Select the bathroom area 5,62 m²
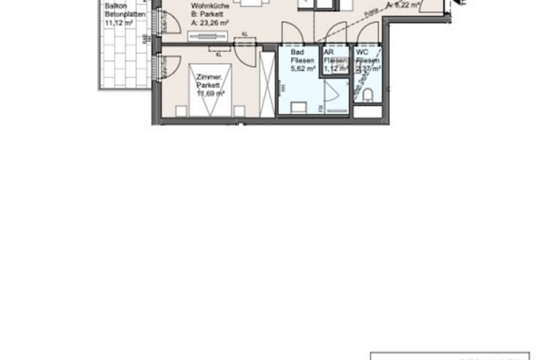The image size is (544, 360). point(302,71)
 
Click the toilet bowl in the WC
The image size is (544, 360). point(369,96)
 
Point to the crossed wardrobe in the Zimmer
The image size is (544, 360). point(267,83)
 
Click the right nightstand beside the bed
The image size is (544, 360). point(237,109)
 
